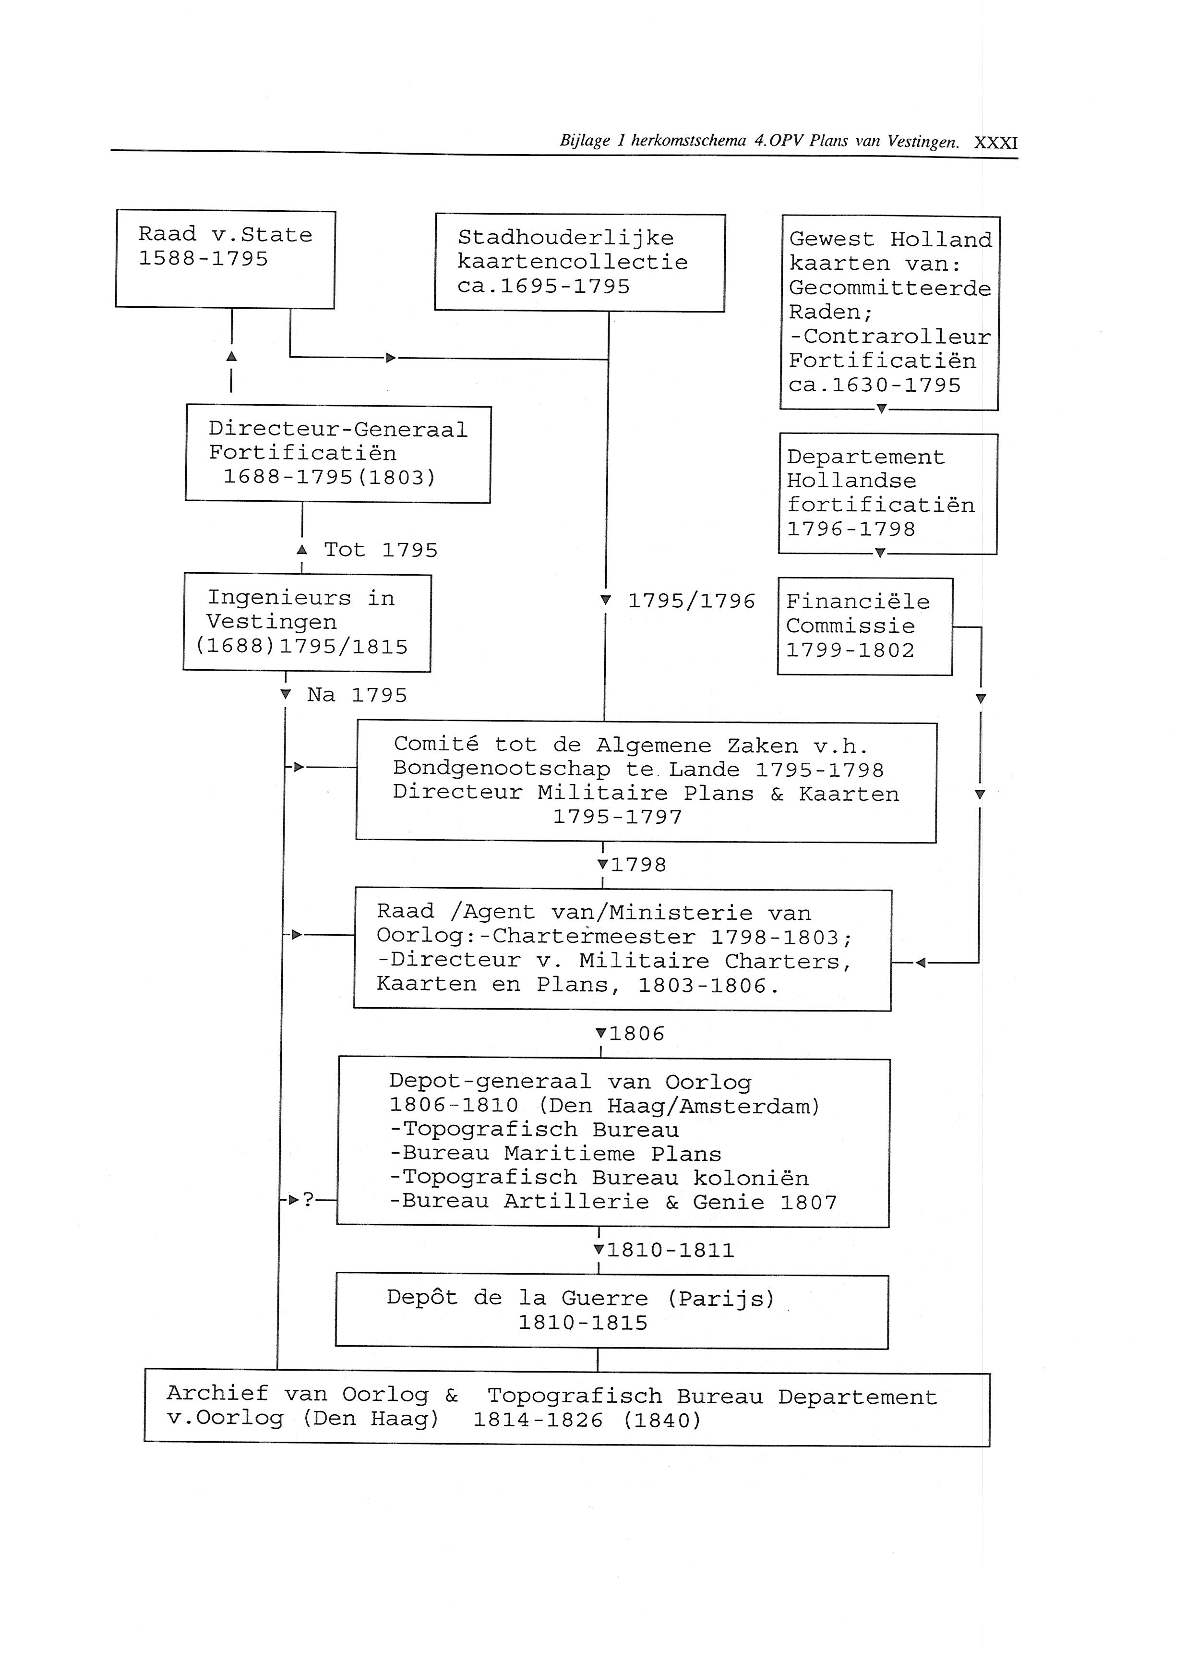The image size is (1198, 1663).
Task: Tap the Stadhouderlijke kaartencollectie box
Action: point(579,263)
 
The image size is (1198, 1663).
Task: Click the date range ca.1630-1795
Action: point(874,386)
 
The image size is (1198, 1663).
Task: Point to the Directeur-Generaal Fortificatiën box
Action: point(338,454)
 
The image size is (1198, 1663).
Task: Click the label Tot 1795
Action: point(380,550)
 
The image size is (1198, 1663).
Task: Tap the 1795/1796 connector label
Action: point(691,601)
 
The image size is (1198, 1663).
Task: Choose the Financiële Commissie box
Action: point(864,626)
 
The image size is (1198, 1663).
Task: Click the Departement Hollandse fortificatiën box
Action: point(887,494)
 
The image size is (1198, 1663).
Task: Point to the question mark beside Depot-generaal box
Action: point(309,1200)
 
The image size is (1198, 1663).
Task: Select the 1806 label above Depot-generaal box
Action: point(636,1034)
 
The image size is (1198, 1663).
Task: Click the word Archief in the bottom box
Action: point(217,1393)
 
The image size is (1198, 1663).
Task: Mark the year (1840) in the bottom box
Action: point(662,1420)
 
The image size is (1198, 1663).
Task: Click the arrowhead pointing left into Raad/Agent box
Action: point(921,963)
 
